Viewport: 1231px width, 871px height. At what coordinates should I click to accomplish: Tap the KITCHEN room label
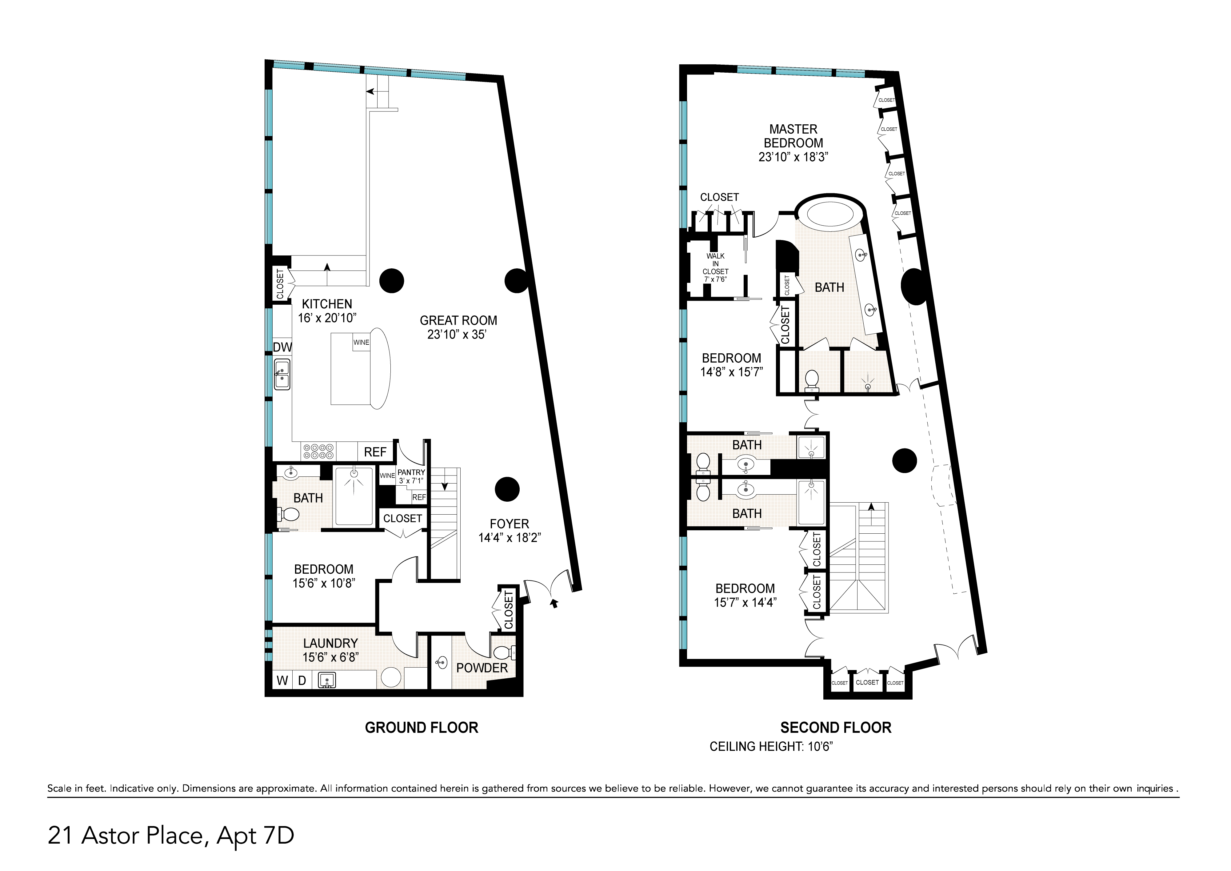(x=327, y=303)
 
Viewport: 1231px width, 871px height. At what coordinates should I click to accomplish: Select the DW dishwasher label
(x=282, y=347)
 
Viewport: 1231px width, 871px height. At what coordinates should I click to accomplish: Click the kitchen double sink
(x=282, y=374)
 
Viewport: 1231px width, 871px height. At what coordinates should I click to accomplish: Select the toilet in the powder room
(x=504, y=653)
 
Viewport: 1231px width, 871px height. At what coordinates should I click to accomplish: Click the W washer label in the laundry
(x=282, y=680)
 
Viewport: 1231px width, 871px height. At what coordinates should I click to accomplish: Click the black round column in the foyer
(x=507, y=489)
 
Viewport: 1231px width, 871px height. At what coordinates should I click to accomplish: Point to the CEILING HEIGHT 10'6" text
(x=771, y=747)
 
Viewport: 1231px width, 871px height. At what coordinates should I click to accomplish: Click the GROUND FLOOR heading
(x=422, y=728)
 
